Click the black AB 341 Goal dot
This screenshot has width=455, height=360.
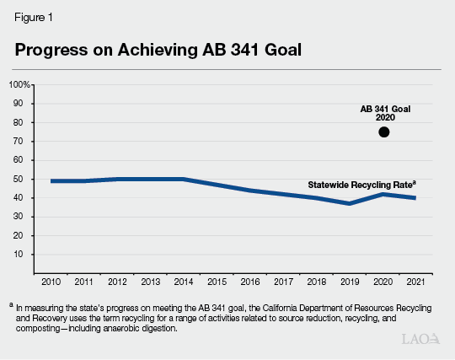(x=384, y=132)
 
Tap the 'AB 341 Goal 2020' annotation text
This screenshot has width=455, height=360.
(x=384, y=114)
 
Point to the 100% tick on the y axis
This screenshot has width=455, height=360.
(x=19, y=84)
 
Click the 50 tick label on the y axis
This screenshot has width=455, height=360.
(x=24, y=179)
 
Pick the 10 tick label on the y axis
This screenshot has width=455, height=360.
(x=24, y=255)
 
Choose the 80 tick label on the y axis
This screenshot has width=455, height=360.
(x=24, y=122)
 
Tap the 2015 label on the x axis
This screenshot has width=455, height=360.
(x=216, y=282)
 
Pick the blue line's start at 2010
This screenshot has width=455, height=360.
(x=51, y=180)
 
